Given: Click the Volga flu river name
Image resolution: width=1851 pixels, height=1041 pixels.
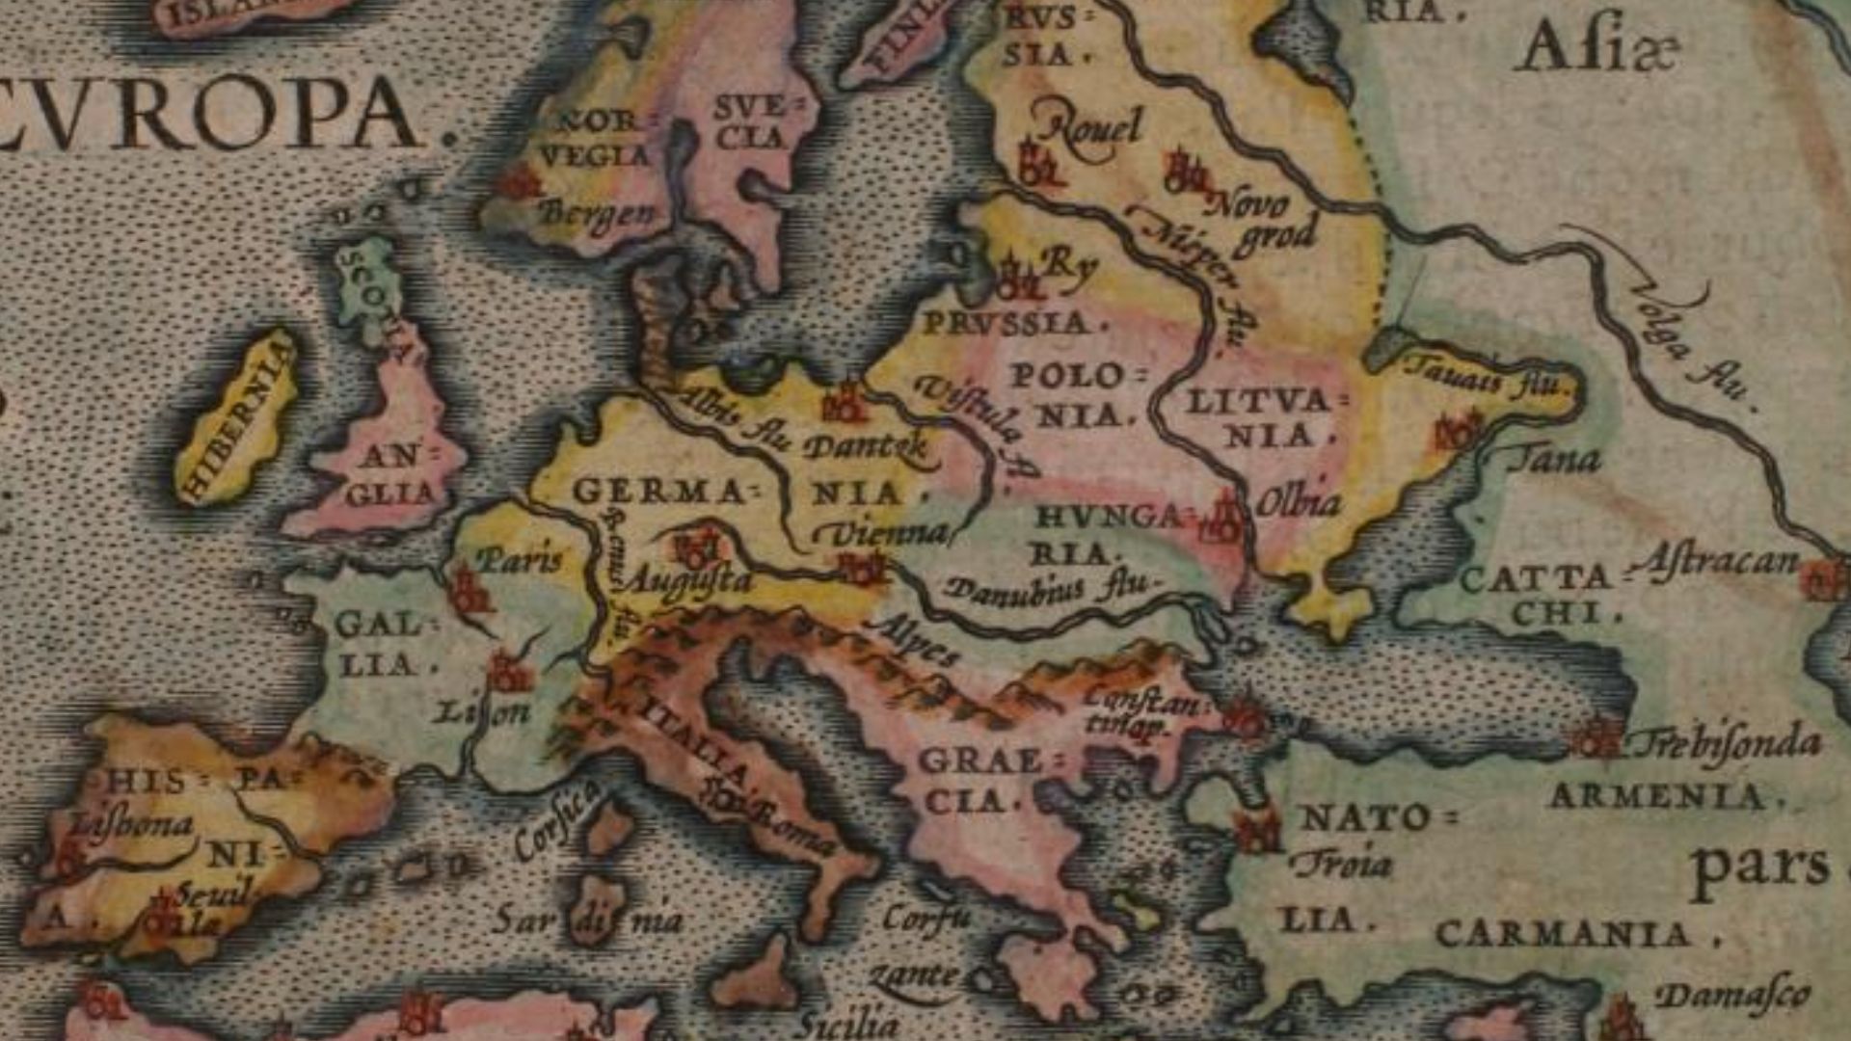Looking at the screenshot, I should click(x=1692, y=342).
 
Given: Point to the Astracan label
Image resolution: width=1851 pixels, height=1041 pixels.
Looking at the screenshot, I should click(x=1716, y=560).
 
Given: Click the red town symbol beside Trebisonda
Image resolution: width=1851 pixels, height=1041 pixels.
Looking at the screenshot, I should click(x=1598, y=738).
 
